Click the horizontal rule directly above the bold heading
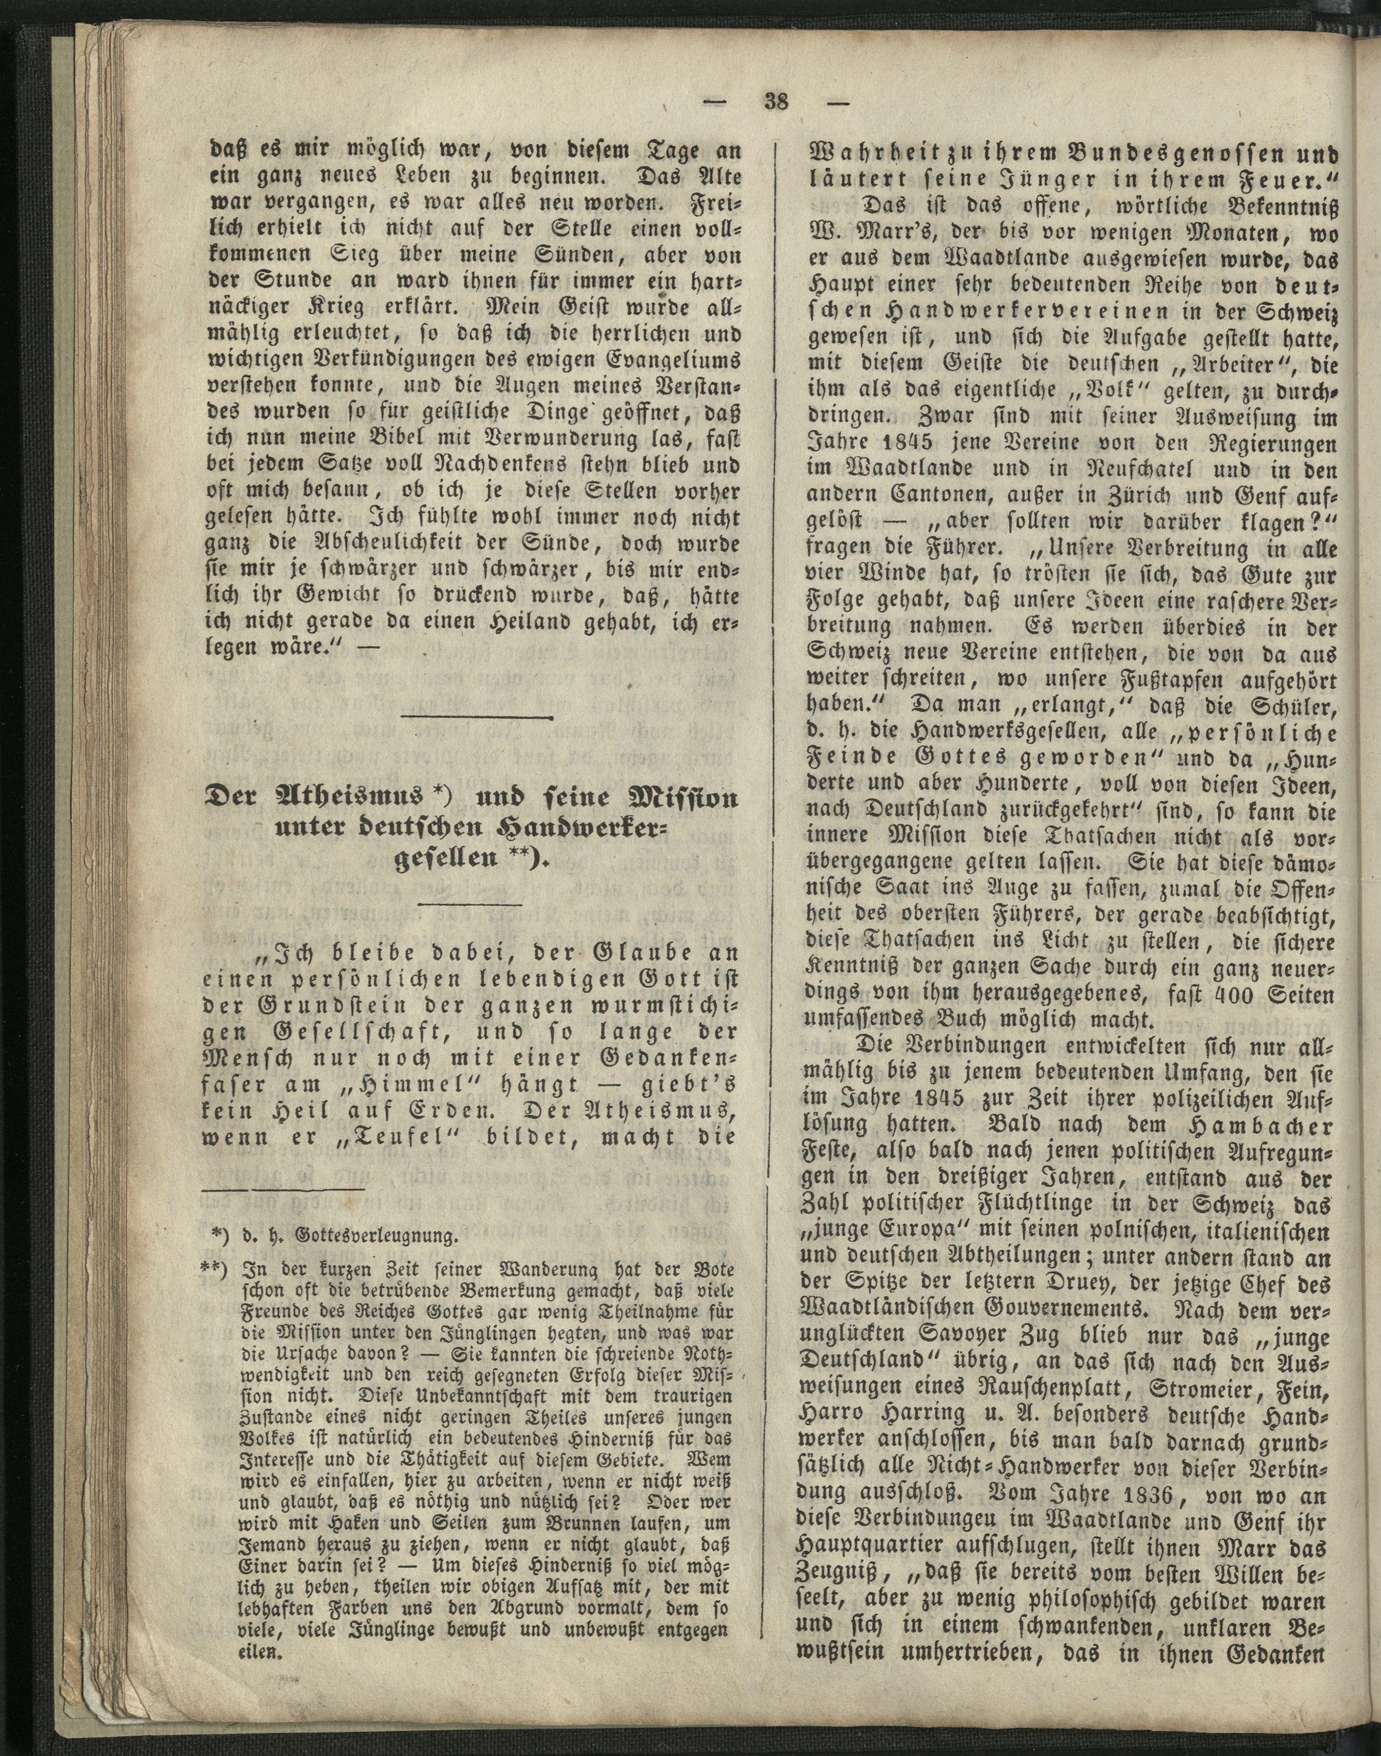pos(473,717)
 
